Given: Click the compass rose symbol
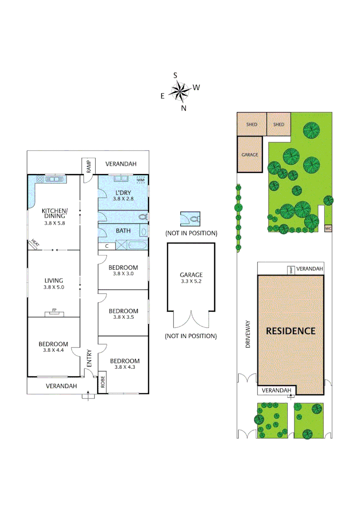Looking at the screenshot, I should tap(179, 91).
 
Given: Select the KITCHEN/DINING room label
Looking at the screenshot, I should tap(55, 213).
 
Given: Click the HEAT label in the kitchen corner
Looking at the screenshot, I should tap(35, 243).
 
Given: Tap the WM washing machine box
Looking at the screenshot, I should tap(141, 180).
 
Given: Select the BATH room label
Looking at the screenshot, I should tap(123, 231).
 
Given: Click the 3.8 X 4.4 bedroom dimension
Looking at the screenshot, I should tap(53, 350).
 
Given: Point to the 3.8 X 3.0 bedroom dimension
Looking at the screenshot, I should tap(123, 273).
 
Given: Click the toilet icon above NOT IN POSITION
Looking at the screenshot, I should tap(191, 220).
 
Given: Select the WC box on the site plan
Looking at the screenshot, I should tap(328, 229).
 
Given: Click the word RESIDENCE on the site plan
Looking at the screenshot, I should tap(290, 331).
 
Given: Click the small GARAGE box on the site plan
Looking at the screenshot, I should tap(249, 154).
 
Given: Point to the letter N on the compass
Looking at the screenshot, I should tap(184, 108).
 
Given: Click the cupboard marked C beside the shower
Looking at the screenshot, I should tap(107, 246).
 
